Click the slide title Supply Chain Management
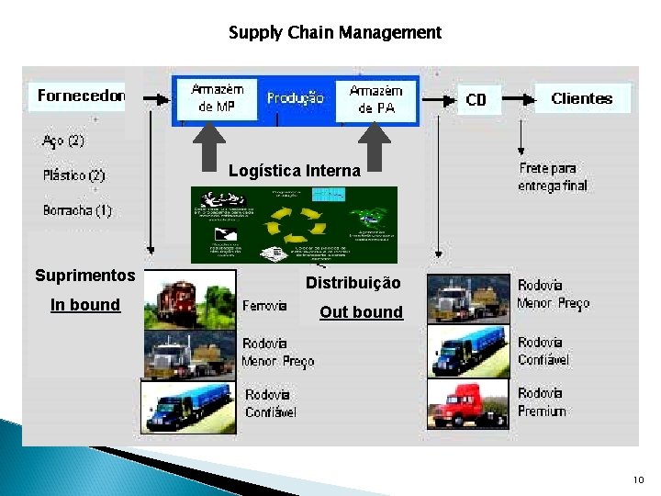pos(335,33)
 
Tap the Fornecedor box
pos(81,96)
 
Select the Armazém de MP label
pos(218,99)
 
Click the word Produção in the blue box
pos(295,98)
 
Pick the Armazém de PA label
pos(375,99)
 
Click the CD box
pos(476,99)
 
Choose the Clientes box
pos(581,98)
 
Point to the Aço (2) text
pos(63,141)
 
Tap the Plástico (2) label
pos(73,175)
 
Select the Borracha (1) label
pos(77,210)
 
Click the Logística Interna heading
pos(295,171)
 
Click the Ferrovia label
pos(266,305)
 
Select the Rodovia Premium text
pos(542,402)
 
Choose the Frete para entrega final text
pos(553,177)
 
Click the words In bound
pos(85,305)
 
